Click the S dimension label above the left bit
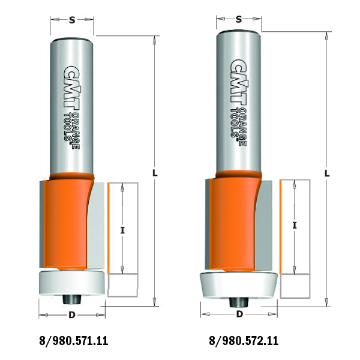point(71,20)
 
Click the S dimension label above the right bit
point(238,20)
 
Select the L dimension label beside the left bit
point(155,172)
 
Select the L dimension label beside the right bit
point(327,172)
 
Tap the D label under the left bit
point(71,314)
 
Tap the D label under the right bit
point(239,314)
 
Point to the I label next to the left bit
point(122,229)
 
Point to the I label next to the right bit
point(295,226)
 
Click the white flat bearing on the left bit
point(71,281)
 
